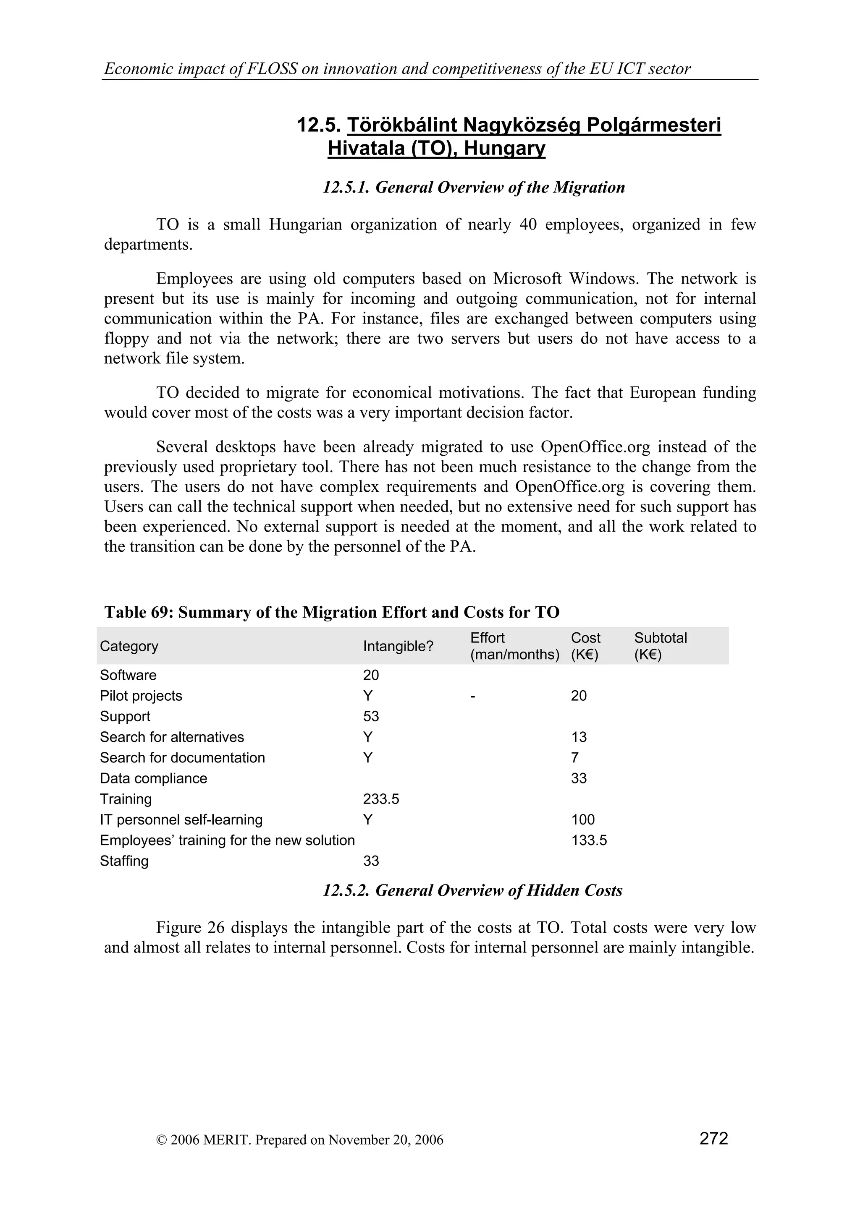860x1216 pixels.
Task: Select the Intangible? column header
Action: click(x=398, y=646)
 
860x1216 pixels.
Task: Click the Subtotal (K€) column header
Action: click(x=660, y=646)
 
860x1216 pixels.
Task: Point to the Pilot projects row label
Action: click(x=141, y=696)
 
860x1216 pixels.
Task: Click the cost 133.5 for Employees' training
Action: click(x=589, y=840)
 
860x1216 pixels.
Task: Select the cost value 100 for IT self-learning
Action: click(x=583, y=820)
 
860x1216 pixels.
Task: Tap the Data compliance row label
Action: click(x=154, y=778)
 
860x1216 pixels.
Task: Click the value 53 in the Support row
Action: click(x=371, y=717)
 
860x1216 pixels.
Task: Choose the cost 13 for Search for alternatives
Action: click(x=579, y=737)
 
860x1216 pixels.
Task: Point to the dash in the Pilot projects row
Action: click(x=473, y=696)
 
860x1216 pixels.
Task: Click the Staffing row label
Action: click(x=124, y=861)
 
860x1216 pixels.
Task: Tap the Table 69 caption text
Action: click(x=332, y=612)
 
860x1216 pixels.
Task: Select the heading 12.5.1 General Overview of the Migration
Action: click(x=474, y=188)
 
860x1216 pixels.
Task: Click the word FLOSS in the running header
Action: click(x=272, y=69)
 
